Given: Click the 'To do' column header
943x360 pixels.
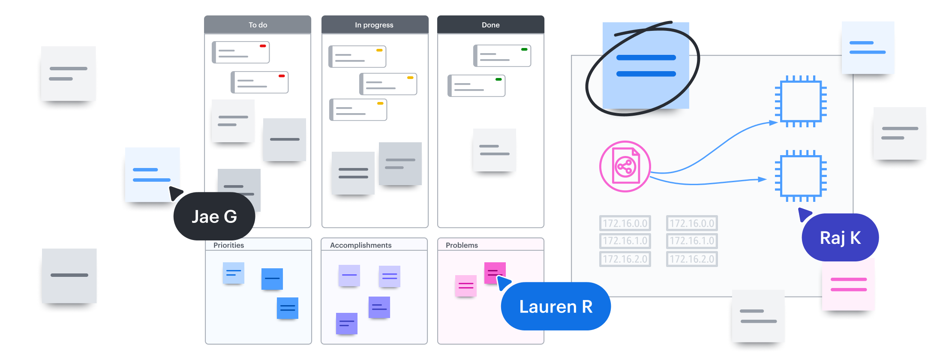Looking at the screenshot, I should click(258, 25).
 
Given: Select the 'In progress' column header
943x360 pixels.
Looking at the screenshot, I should click(374, 25).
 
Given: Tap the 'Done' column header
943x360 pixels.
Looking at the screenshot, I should click(491, 25).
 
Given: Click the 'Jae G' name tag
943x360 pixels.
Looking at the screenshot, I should click(214, 216).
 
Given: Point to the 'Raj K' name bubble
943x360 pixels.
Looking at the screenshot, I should click(840, 237).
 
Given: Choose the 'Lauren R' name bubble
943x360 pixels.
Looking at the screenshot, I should click(556, 306).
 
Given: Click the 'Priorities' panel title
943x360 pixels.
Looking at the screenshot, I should click(228, 245).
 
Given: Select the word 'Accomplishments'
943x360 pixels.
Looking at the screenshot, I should click(360, 245).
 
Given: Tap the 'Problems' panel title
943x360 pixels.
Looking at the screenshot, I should click(462, 245).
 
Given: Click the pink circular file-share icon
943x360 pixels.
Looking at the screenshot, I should click(625, 166).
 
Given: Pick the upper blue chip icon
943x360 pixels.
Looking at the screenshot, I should click(801, 102).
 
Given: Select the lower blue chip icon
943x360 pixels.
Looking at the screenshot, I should click(801, 176).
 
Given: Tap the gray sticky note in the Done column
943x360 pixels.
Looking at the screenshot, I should click(494, 150).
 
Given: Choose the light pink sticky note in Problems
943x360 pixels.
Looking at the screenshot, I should click(466, 285).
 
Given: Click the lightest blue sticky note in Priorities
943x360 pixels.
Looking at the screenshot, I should click(234, 273).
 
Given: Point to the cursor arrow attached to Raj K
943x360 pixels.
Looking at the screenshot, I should click(805, 213).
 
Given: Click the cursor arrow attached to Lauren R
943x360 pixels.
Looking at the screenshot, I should click(503, 282).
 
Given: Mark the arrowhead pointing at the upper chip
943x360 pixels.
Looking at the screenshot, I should click(773, 123).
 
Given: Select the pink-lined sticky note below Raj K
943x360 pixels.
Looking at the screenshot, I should click(848, 285).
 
